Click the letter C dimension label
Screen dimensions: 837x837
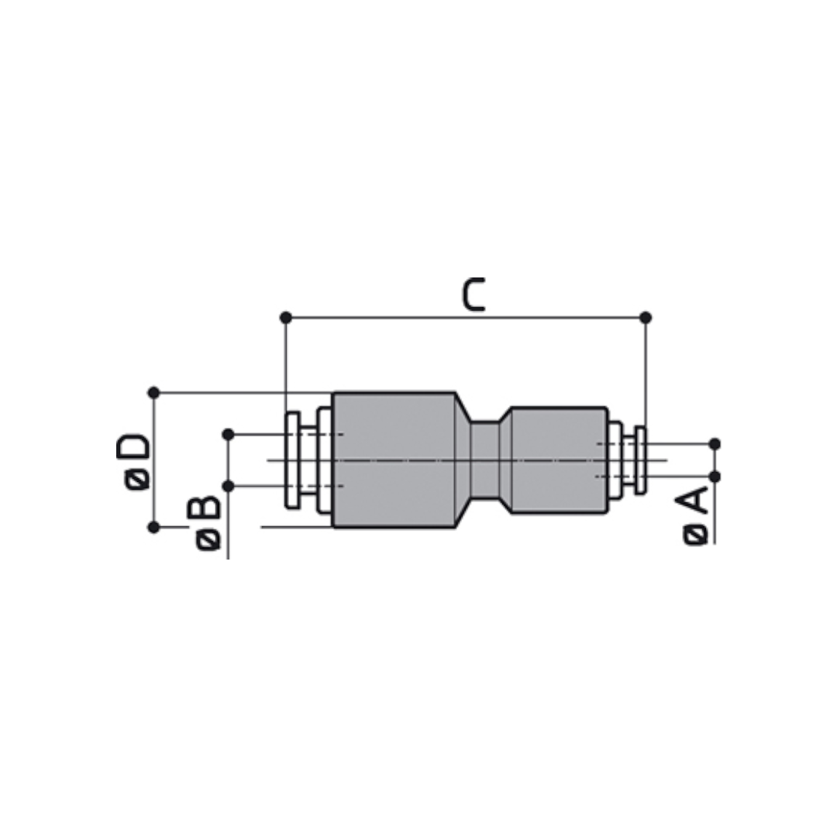pyautogui.click(x=474, y=294)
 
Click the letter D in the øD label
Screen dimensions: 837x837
pyautogui.click(x=133, y=447)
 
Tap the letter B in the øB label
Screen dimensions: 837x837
pyautogui.click(x=204, y=508)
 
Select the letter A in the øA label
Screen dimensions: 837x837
pyautogui.click(x=692, y=501)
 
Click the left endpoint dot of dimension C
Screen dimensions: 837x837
pyautogui.click(x=285, y=318)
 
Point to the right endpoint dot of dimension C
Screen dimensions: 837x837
pyautogui.click(x=646, y=318)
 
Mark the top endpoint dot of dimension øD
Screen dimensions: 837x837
pyautogui.click(x=153, y=393)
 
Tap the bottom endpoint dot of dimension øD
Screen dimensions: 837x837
pyautogui.click(x=153, y=528)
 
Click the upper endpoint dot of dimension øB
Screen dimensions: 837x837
pyautogui.click(x=228, y=435)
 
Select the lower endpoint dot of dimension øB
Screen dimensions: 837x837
pyautogui.click(x=228, y=486)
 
